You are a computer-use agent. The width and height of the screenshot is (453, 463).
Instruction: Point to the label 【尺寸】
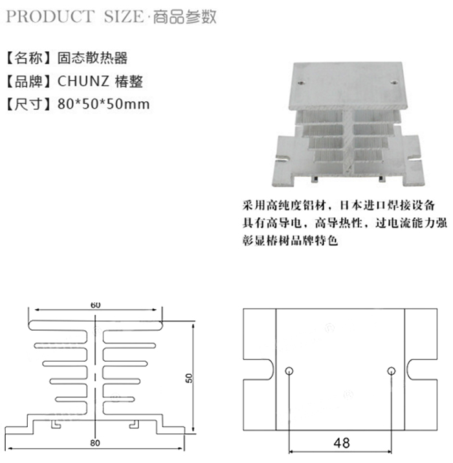[x=28, y=104]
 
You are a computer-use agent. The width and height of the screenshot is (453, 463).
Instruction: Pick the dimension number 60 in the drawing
[x=96, y=305]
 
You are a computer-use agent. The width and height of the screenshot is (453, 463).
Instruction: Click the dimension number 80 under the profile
[x=96, y=443]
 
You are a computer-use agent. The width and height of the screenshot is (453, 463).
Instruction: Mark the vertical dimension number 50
[x=189, y=377]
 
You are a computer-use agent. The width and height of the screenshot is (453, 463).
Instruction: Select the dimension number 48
[x=341, y=444]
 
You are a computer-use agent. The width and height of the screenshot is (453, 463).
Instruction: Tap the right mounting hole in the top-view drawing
[x=391, y=372]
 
